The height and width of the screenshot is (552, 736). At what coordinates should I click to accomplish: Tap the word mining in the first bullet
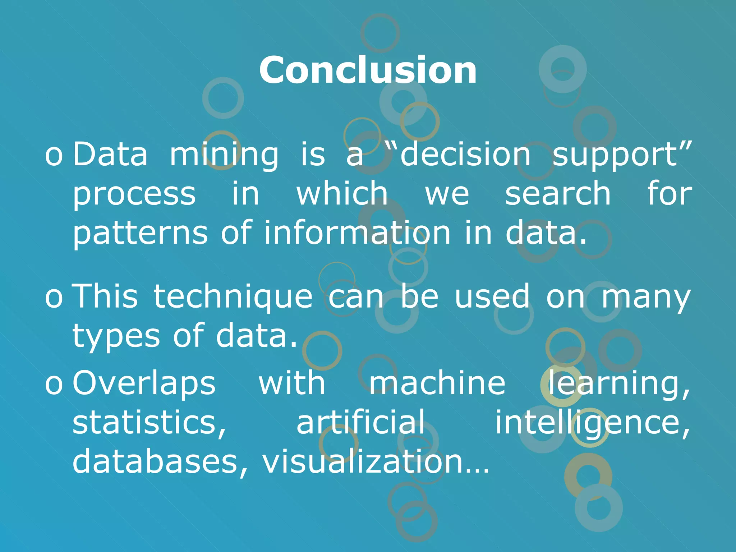224,155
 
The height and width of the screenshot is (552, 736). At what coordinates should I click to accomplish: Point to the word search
558,194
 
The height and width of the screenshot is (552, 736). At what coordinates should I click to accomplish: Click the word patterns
140,234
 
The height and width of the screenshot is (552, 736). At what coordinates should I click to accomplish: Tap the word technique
233,297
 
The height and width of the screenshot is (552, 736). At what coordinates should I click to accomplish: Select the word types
116,336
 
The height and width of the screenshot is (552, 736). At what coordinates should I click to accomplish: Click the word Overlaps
144,383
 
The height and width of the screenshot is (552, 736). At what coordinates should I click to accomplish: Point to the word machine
437,383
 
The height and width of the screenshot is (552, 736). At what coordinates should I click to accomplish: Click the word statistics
149,423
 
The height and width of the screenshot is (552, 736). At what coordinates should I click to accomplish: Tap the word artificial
360,422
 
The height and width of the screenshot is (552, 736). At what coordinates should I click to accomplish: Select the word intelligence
592,423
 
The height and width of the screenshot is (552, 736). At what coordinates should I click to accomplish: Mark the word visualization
376,461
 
